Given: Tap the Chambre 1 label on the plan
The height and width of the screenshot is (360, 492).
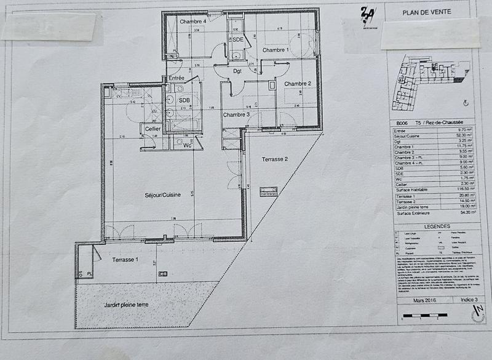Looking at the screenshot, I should coord(276,49).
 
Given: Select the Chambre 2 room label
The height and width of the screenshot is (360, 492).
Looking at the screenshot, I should coord(298,84).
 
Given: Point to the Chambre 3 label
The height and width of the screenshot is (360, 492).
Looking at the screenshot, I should coord(236,114).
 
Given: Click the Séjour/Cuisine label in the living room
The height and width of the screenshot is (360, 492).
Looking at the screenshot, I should coord(162,194).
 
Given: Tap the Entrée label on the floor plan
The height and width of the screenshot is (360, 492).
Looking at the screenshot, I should coord(177,78).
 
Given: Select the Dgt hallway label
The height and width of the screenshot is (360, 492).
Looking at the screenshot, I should coord(237,71).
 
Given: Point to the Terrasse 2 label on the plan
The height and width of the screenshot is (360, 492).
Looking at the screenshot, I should coord(275,159).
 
